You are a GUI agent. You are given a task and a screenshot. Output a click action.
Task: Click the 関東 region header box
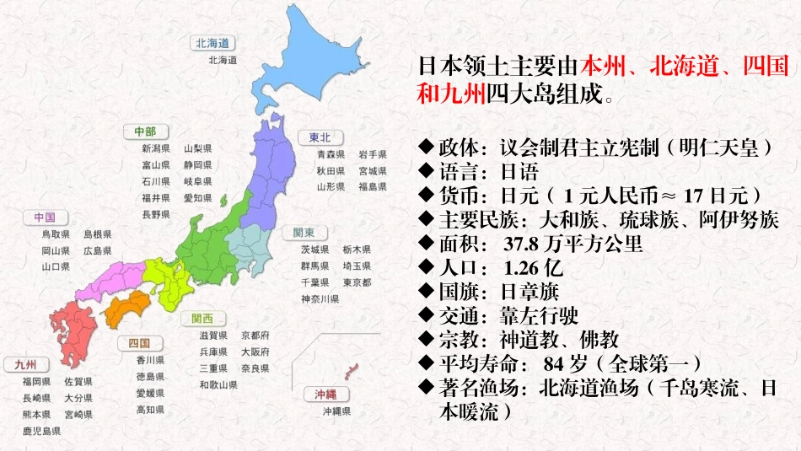point(304,233)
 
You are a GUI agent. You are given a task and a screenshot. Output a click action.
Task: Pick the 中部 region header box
point(145,132)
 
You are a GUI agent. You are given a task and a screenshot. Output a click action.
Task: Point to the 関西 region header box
point(202,319)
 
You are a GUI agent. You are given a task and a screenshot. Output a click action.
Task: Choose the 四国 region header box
point(139,343)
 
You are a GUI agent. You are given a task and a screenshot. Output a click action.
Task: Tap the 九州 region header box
point(26,365)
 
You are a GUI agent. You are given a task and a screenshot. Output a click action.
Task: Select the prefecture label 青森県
point(331,155)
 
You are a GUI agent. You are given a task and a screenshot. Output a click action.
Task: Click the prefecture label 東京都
point(357,282)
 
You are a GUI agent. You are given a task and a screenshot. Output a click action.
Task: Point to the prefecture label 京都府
point(255,336)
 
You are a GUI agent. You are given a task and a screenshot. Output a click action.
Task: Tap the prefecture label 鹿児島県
point(41,431)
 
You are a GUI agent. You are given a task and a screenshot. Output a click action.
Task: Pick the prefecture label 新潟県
point(156,149)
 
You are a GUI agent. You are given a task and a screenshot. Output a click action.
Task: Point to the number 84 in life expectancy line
point(553,364)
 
